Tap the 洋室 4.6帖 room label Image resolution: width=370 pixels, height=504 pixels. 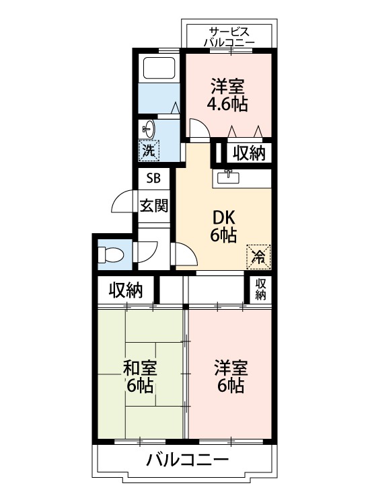[229, 95]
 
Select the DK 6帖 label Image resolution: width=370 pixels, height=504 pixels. [223, 226]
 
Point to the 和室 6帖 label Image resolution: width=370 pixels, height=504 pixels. [140, 377]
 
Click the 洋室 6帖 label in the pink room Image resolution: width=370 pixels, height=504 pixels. [231, 377]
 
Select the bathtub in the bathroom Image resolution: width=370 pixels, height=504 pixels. [159, 68]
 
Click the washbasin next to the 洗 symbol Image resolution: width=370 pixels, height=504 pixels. [149, 128]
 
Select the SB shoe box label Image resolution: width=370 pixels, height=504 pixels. [153, 179]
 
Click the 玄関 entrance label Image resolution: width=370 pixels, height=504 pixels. [153, 205]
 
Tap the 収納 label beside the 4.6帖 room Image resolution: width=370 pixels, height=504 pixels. [249, 153]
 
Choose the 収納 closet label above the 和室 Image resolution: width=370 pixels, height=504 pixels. [126, 290]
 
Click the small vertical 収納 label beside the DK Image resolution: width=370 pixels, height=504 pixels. [261, 289]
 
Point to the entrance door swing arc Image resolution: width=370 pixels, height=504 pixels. [121, 202]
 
